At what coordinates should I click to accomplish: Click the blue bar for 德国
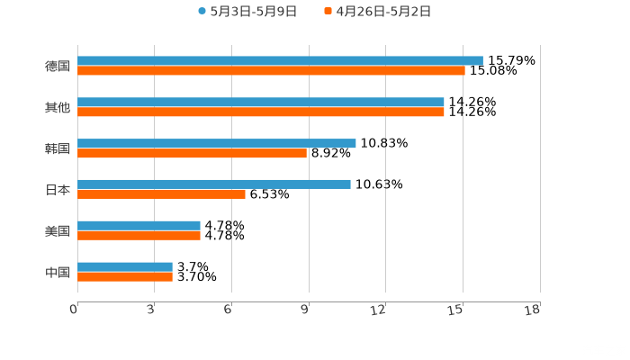280,61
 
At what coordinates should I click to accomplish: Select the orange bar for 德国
271,70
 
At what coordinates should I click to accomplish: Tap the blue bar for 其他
261,103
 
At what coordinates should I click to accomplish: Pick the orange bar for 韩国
192,153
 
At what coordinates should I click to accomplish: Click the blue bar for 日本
214,184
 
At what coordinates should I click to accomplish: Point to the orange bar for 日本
161,193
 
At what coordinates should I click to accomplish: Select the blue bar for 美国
139,225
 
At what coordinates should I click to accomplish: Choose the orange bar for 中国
125,276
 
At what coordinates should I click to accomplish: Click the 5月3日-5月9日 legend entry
247,12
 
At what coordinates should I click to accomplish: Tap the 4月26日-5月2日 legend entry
377,12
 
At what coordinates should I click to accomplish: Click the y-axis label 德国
58,66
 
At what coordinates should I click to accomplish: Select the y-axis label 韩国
58,148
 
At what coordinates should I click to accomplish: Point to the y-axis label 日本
58,189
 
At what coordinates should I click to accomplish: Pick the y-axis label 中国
58,272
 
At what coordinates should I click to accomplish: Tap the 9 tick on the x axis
308,310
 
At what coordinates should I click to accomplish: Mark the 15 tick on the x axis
459,310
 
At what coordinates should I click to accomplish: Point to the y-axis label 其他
58,107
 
